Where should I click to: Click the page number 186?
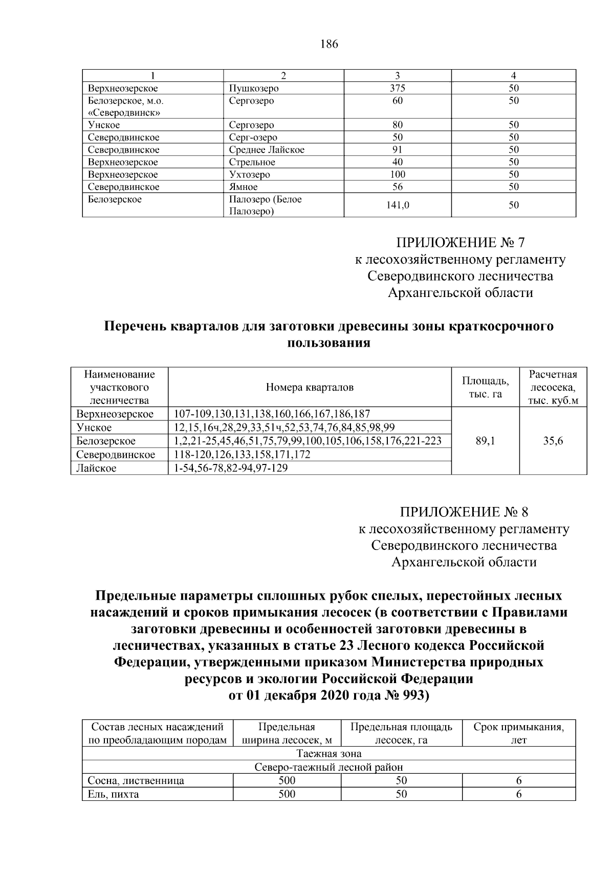pos(329,44)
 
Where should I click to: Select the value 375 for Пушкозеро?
pos(397,88)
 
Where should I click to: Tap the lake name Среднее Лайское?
pos(266,150)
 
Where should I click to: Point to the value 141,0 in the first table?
pos(397,205)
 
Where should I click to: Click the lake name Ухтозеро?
pos(249,175)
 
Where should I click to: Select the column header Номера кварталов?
pos(310,387)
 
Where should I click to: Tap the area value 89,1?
pos(485,441)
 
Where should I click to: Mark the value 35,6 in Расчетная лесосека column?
pos(553,441)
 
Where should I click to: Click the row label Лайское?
pos(96,468)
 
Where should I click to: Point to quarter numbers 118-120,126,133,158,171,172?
pos(242,455)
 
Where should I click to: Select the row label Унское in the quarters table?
pos(94,427)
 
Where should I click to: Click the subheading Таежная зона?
pos(329,754)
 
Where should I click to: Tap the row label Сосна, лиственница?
pos(136,781)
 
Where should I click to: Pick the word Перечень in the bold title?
pos(134,327)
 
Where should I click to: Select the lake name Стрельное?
pos(252,162)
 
